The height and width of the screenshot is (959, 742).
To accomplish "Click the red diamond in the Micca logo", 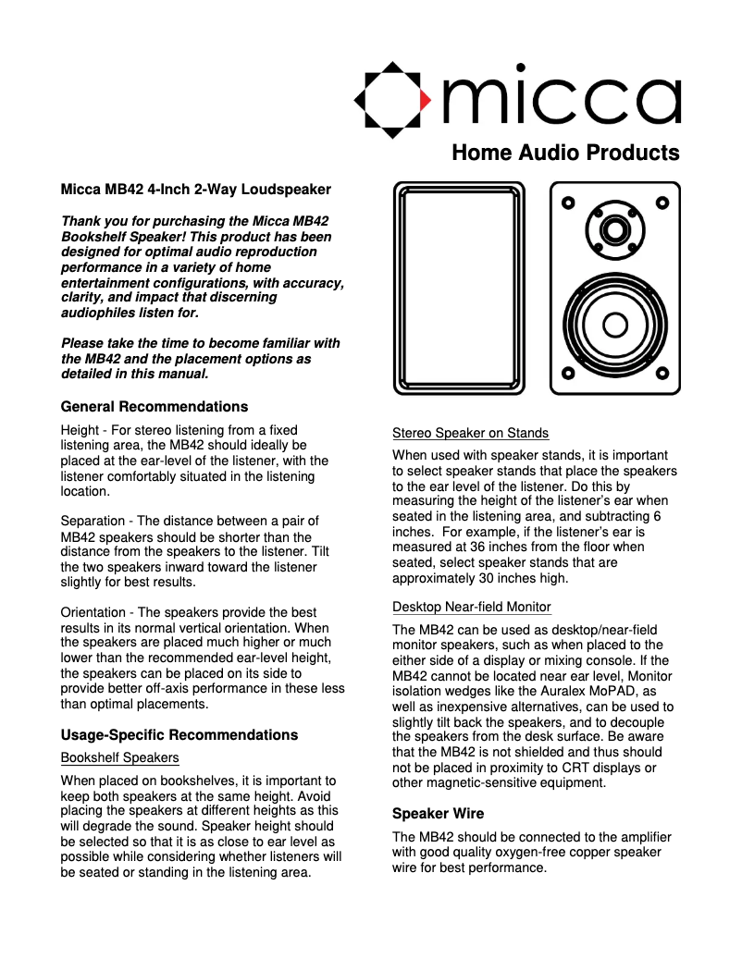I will point(425,99).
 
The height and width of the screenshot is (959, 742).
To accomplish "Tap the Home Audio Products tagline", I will point(565,153).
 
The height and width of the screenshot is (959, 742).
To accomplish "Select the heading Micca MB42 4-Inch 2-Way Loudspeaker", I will point(195,190).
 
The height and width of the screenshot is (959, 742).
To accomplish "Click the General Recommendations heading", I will point(154,407).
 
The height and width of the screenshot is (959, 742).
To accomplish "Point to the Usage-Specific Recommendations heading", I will point(179,735).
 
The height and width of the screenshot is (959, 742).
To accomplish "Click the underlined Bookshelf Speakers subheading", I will point(119,757).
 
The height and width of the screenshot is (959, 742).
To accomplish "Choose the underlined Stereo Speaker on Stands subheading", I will point(470,433).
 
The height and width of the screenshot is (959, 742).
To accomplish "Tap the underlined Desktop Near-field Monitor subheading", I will point(472,608).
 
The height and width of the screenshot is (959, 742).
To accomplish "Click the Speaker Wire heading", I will point(438,815).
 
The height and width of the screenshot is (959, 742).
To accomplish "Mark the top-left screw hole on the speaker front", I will point(569,203).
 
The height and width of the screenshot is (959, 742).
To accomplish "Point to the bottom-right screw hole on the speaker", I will point(662,374).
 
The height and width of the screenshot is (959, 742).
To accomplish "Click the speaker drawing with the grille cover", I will point(458,288).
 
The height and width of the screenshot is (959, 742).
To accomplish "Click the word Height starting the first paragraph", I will point(80,430).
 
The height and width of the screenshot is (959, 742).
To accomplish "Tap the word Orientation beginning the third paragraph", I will point(95,613).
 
